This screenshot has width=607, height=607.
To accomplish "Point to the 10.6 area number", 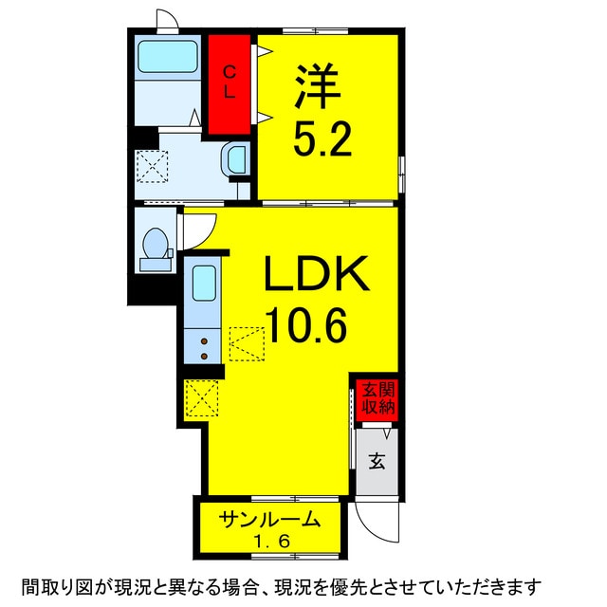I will [x=305, y=327].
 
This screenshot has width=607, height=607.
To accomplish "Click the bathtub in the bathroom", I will [x=167, y=59].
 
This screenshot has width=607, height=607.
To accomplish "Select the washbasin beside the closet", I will [x=235, y=159].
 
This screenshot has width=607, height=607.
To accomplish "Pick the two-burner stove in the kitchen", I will [x=204, y=347].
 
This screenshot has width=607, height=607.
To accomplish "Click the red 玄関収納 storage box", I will [x=377, y=398].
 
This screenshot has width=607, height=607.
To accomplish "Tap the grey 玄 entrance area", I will [x=377, y=462].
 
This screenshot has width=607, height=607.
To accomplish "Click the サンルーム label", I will [x=267, y=520].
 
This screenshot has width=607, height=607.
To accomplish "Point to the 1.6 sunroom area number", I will [x=267, y=542].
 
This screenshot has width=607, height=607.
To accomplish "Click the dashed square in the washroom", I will [x=153, y=168].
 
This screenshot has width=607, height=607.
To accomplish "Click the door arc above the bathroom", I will [x=167, y=21].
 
